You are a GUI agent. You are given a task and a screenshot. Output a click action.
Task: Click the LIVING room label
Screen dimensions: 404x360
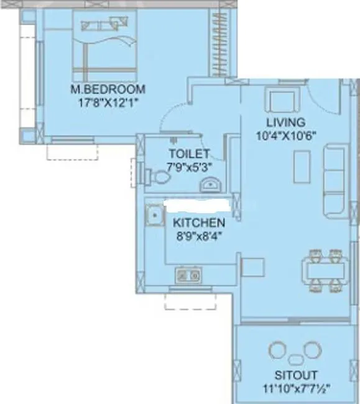pos(285,122)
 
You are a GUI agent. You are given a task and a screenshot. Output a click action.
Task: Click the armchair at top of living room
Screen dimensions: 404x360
pos(279,99)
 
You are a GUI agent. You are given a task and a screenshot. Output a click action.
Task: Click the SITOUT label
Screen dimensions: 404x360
pos(297,375)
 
